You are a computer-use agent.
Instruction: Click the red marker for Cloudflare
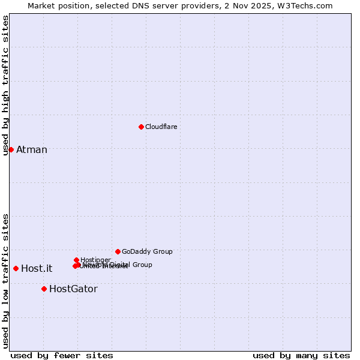click(141, 127)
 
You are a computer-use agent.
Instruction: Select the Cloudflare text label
click(161, 127)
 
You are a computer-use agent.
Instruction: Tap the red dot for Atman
click(11, 149)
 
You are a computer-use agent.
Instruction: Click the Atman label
click(32, 150)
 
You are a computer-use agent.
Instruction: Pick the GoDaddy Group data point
click(118, 251)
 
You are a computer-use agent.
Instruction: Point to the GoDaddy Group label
click(147, 252)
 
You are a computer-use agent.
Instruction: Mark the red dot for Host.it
click(16, 268)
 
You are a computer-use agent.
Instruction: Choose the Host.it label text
click(37, 269)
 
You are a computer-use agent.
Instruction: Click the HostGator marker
click(44, 289)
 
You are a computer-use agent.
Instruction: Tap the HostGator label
click(73, 289)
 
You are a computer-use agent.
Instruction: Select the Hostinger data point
click(76, 260)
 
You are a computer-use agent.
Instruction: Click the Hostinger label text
click(95, 260)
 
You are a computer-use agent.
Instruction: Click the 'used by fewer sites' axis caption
click(62, 356)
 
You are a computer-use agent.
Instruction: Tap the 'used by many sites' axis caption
click(301, 356)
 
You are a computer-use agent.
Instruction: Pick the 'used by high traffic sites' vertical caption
click(6, 85)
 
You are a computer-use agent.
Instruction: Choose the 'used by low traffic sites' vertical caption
click(6, 280)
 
